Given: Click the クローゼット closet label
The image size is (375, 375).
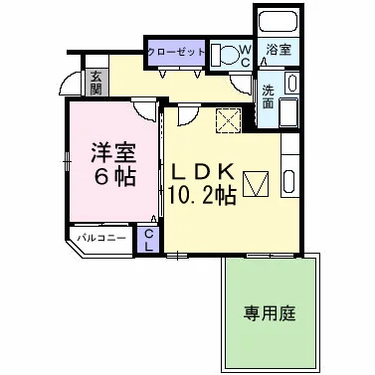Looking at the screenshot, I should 176,52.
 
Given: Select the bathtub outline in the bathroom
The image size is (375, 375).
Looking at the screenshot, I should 275,19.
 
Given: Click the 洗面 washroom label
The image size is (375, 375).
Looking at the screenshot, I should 269,96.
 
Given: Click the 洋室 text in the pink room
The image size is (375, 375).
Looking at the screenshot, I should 111,155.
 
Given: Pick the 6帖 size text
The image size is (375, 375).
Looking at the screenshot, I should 111,182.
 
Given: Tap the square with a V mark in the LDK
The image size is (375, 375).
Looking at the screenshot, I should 257,184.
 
